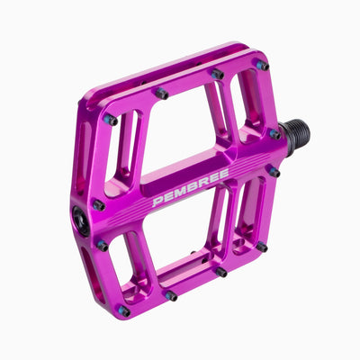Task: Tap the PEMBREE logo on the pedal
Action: (191, 188)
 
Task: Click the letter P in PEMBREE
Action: (157, 202)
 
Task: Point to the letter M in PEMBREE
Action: (180, 193)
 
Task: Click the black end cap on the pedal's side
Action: (81, 221)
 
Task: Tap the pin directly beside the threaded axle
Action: (275, 134)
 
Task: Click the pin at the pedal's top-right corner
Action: (263, 66)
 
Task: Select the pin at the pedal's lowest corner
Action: (124, 311)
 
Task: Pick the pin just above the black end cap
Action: (99, 205)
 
